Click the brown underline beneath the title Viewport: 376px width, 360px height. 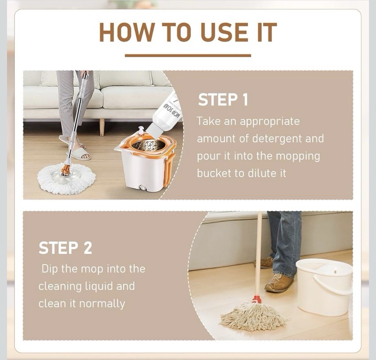[188, 55]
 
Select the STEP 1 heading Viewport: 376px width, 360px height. [223, 100]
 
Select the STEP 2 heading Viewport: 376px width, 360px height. [65, 248]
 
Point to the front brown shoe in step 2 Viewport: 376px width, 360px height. [279, 283]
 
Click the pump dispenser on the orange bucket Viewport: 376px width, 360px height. [141, 130]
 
